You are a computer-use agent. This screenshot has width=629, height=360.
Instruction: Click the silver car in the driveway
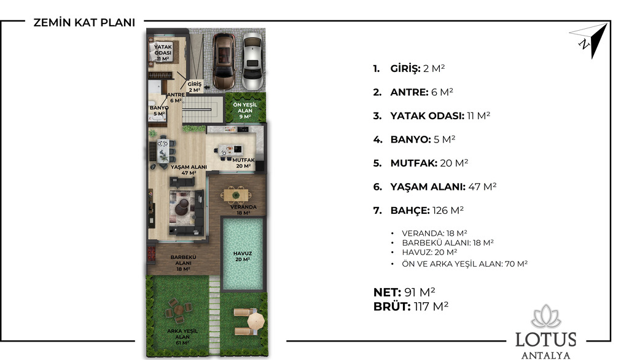252,61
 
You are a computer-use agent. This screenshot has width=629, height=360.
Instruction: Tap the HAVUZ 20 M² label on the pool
243,256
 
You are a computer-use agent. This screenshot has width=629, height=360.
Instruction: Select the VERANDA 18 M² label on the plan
243,210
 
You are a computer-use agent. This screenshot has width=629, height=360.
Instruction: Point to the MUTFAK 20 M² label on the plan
243,163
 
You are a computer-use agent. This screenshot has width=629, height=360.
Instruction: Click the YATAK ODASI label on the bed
163,53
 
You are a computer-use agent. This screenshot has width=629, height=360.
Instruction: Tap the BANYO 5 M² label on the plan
159,111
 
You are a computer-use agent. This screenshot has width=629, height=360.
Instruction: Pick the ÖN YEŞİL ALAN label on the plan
245,111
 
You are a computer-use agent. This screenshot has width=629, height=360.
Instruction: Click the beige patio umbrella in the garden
256,321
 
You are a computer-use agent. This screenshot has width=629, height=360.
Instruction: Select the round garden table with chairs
179,310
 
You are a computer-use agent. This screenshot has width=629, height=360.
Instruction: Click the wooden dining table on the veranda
236,195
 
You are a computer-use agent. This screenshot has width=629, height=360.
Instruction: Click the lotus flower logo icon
546,316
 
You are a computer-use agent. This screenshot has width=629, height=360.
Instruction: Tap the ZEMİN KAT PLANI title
84,23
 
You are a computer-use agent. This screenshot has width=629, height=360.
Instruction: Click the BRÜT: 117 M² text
411,307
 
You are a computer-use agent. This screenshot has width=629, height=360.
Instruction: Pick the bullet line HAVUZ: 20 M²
429,252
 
